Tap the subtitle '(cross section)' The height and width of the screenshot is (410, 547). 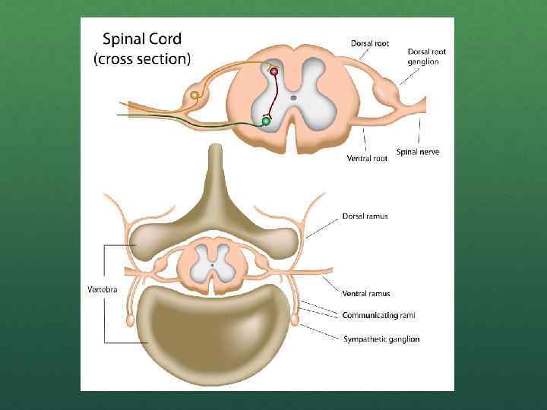tap(142, 58)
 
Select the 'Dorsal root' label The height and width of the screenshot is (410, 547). tap(369, 43)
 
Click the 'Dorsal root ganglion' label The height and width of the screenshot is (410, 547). tap(427, 56)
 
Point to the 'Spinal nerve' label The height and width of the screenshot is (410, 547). tap(417, 152)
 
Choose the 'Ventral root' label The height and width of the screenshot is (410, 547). tap(367, 159)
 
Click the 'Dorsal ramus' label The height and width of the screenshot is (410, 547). tap(365, 216)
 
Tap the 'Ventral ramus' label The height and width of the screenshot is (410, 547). tap(366, 293)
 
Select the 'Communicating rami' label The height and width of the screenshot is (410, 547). tap(378, 314)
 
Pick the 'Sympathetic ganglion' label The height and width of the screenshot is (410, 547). tap(381, 339)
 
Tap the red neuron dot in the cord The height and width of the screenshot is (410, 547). tap(274, 72)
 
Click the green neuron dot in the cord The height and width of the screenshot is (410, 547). tap(266, 121)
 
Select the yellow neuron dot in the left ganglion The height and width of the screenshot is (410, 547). tap(195, 96)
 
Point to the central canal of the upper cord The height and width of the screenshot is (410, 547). tap(292, 98)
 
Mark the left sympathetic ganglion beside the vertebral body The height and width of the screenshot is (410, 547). tap(131, 320)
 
